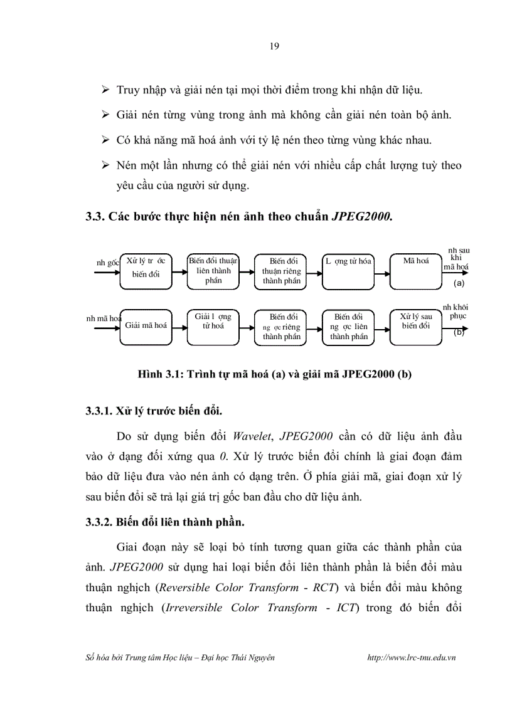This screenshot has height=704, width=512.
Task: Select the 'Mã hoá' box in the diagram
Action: (x=415, y=271)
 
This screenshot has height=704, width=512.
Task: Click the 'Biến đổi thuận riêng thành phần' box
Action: (x=280, y=271)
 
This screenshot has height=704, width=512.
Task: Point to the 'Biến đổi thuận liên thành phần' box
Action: (x=213, y=271)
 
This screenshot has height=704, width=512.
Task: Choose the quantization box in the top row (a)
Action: (x=348, y=271)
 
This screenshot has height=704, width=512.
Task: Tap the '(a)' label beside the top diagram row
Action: (x=458, y=283)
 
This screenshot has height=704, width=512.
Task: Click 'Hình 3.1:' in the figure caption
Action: (x=159, y=374)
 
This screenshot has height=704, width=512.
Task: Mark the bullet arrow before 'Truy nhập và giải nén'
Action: (x=106, y=90)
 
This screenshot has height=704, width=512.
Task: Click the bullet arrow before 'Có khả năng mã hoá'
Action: (x=106, y=140)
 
